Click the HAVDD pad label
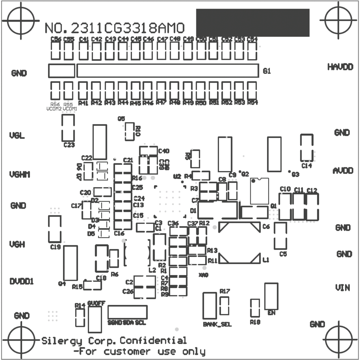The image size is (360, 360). (340, 67)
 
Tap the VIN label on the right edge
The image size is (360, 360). (342, 287)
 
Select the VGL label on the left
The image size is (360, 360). (17, 135)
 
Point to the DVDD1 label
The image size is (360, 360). (22, 281)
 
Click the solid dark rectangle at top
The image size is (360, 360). (253, 23)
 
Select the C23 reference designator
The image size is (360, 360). (69, 145)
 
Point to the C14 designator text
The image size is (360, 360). (307, 165)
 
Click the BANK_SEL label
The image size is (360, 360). (217, 324)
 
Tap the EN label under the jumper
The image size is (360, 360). (271, 313)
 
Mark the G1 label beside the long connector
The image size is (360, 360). (267, 71)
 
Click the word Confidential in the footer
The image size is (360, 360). (153, 341)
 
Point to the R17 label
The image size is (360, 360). (225, 291)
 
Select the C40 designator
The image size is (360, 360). (164, 151)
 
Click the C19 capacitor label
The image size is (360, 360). (55, 247)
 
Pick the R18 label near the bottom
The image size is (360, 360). (255, 322)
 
